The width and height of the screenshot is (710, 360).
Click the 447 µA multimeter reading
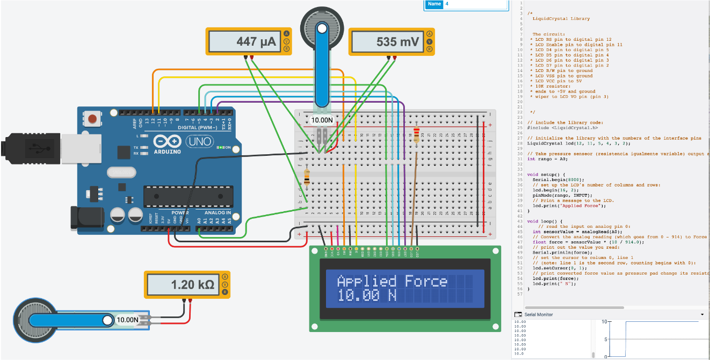[x=258, y=42]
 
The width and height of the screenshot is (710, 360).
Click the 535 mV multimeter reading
[x=398, y=42]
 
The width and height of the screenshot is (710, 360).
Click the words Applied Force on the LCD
[x=392, y=281]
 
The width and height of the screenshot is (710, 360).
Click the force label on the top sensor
[x=322, y=120]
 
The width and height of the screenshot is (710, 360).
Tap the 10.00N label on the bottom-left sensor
[x=128, y=320]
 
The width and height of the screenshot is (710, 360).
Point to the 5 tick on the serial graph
[x=606, y=339]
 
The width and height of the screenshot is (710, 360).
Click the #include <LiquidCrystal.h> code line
[x=562, y=128]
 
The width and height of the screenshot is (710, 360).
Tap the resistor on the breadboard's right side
[x=417, y=135]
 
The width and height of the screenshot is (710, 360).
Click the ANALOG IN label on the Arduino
[x=218, y=213]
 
